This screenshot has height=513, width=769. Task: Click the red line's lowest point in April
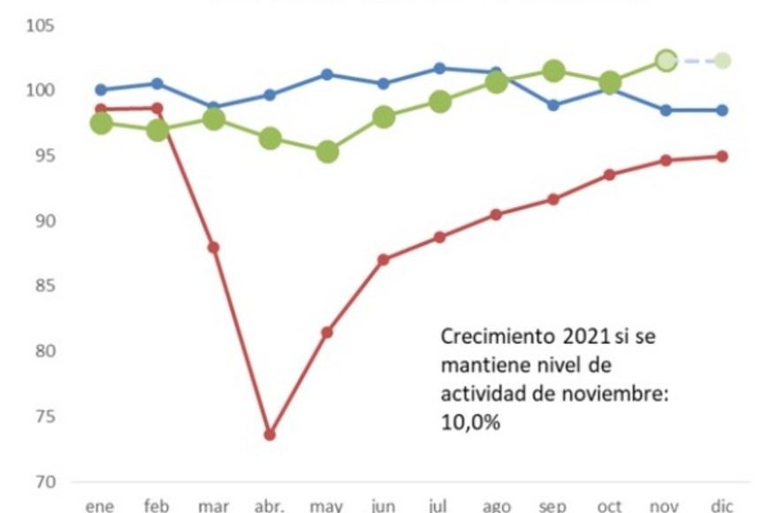pos(270,434)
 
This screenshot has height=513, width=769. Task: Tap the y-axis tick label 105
pos(41,25)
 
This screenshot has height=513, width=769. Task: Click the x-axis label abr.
pos(270,506)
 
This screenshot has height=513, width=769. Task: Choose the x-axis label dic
pos(721,506)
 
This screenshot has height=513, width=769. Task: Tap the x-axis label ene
pos(100,506)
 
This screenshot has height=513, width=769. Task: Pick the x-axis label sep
pos(553,506)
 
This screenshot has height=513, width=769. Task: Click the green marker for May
pos(327,151)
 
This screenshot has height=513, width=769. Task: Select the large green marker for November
pos(666,60)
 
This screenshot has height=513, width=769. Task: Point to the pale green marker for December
pos(722,60)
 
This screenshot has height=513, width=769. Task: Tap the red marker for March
pos(213,247)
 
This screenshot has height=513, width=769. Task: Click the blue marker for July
pos(440,68)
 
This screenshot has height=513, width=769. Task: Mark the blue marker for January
pos(101,89)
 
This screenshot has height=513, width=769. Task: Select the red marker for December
pos(722,156)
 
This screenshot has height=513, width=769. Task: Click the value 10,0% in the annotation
pos(470,423)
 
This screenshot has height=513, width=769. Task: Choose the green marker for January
pos(102,123)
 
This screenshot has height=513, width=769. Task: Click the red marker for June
pos(384,259)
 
